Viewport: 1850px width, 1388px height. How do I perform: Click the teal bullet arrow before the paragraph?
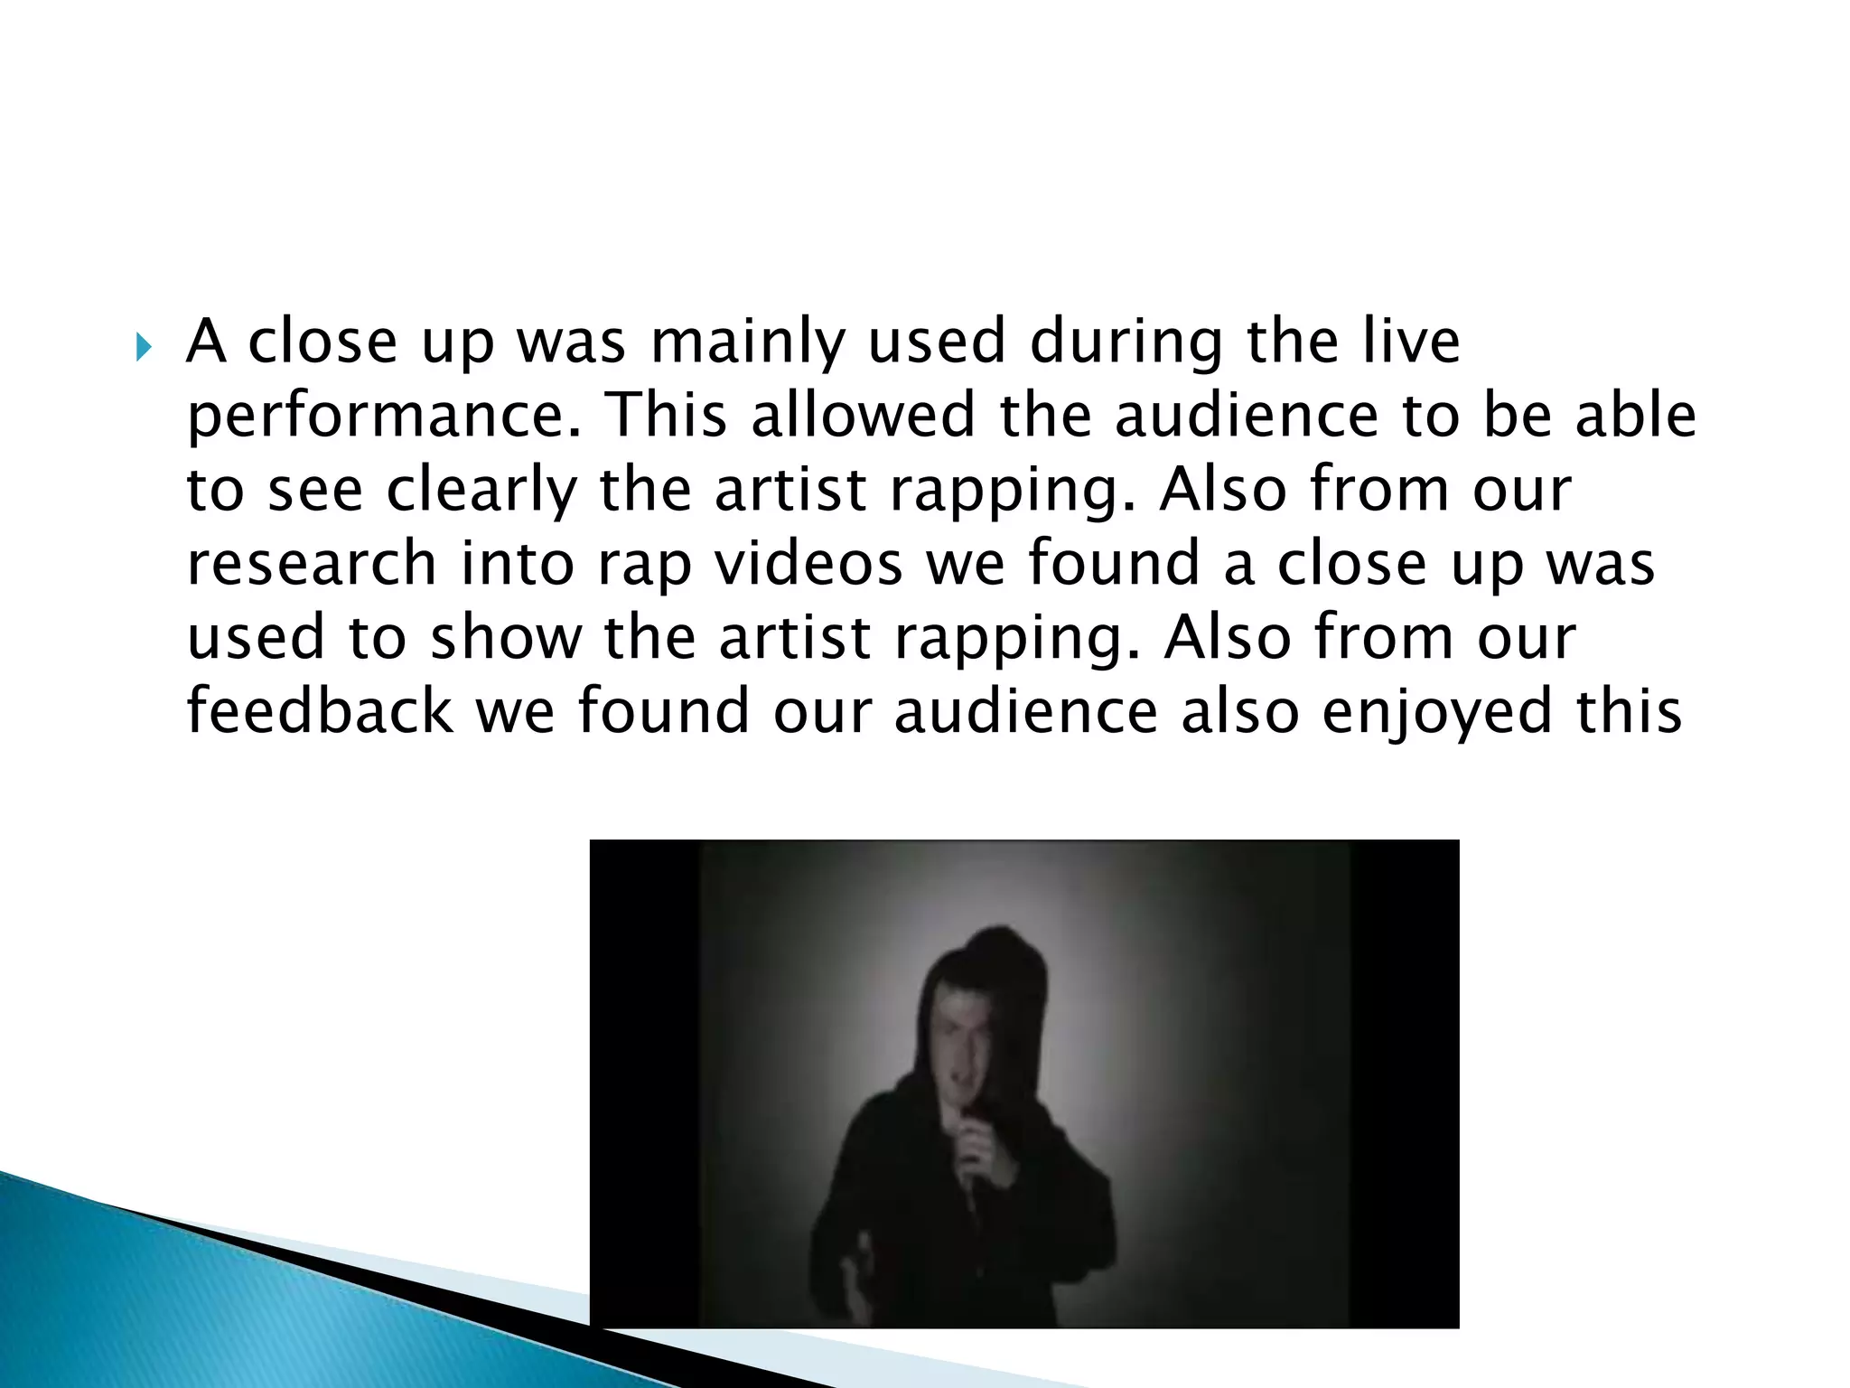(144, 345)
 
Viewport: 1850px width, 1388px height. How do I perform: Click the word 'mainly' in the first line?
(747, 343)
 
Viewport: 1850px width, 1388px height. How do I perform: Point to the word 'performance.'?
(385, 417)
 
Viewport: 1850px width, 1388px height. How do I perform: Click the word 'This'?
(668, 416)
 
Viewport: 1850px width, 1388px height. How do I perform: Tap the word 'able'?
(1635, 416)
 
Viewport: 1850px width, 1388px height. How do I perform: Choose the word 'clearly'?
(481, 492)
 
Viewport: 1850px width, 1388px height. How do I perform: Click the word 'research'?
(312, 564)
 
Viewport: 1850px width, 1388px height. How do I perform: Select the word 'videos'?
(808, 564)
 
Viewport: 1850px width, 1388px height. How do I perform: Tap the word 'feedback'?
(319, 710)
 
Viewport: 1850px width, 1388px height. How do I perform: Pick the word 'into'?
(517, 564)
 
